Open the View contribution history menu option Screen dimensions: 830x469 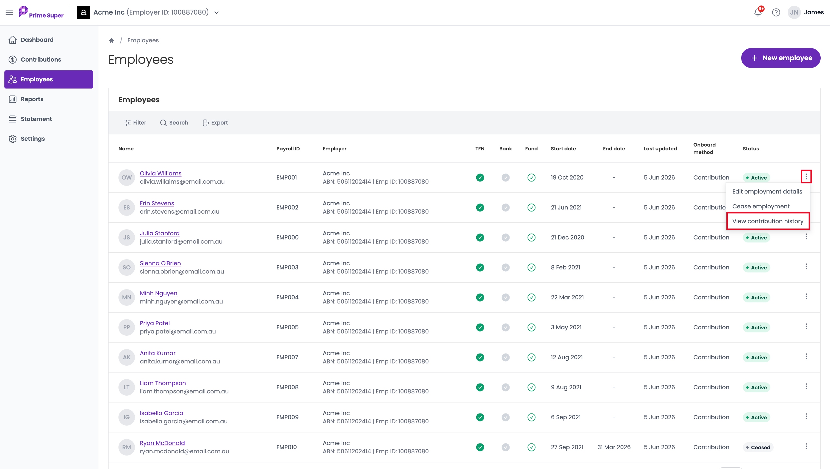coord(768,221)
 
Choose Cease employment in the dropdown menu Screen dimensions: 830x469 coord(761,206)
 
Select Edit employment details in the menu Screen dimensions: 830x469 coord(767,191)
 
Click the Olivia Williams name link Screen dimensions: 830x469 coord(161,173)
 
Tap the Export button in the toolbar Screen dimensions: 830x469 coord(215,123)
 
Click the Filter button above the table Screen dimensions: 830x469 coord(135,123)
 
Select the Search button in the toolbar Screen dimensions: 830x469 coord(174,123)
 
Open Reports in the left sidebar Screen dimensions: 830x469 coord(32,99)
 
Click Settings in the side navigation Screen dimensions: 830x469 coord(32,139)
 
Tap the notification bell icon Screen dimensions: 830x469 coord(758,13)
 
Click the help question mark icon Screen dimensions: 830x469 coord(776,13)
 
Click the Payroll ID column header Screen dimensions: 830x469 coord(288,149)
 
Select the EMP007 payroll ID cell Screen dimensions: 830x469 coord(287,357)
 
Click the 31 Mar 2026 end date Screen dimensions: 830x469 coord(614,447)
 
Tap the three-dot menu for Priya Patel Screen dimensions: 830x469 coord(806,327)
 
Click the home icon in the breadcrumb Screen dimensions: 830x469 coord(112,41)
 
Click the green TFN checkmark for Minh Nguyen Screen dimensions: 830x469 coord(480,297)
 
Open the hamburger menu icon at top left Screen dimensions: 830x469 coord(9,13)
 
